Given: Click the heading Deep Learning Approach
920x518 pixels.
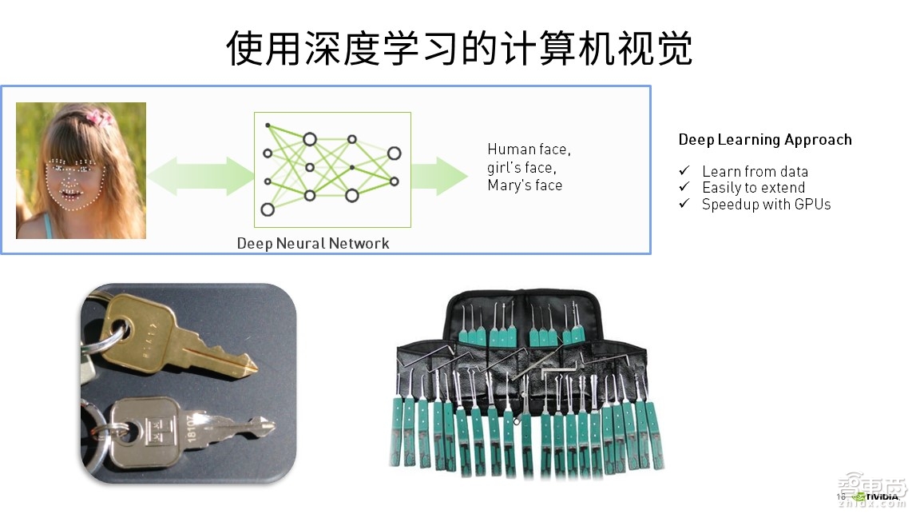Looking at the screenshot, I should coord(764,140).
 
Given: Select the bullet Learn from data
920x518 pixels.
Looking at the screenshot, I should coord(755,171).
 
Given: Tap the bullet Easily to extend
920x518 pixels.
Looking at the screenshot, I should coord(753,188).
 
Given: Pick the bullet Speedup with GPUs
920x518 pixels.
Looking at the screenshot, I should coord(766,205).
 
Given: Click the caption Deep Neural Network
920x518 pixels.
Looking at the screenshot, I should coord(313,243).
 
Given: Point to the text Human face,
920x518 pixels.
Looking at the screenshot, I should coord(529,149).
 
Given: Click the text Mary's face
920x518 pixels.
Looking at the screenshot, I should coord(525,185).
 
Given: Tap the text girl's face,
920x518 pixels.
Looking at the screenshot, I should coord(521,168).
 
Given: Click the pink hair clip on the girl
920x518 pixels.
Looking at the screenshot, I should coord(99,118).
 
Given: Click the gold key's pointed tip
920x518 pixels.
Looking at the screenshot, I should coord(251,367).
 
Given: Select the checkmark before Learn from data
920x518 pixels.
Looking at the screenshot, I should coord(684,171).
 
